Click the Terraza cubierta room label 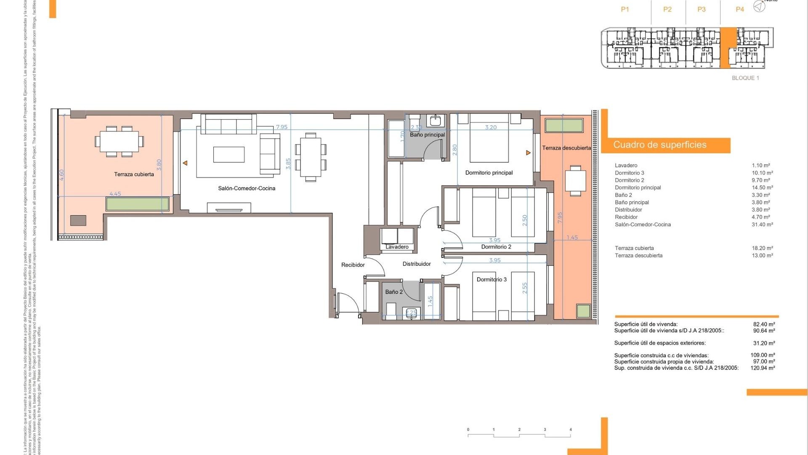pos(134,174)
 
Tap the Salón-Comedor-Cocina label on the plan pos(247,188)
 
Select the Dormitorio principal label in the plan pos(489,173)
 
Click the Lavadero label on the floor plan pos(397,247)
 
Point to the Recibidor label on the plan pos(353,265)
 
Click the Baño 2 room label pos(394,292)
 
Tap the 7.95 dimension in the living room pos(282,127)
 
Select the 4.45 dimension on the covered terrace pos(115,194)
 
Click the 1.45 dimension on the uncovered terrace pos(572,238)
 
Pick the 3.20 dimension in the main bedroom pos(491,127)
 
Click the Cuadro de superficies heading pos(659,145)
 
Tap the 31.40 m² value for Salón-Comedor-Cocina pos(762,225)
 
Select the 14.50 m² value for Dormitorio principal pos(762,187)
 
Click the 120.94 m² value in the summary pos(763,368)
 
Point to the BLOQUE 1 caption pos(745,78)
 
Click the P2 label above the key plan pos(667,9)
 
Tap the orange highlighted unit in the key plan pos(728,47)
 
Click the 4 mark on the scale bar pos(571,430)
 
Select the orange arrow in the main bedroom pos(528,153)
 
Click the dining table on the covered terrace pos(119,142)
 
